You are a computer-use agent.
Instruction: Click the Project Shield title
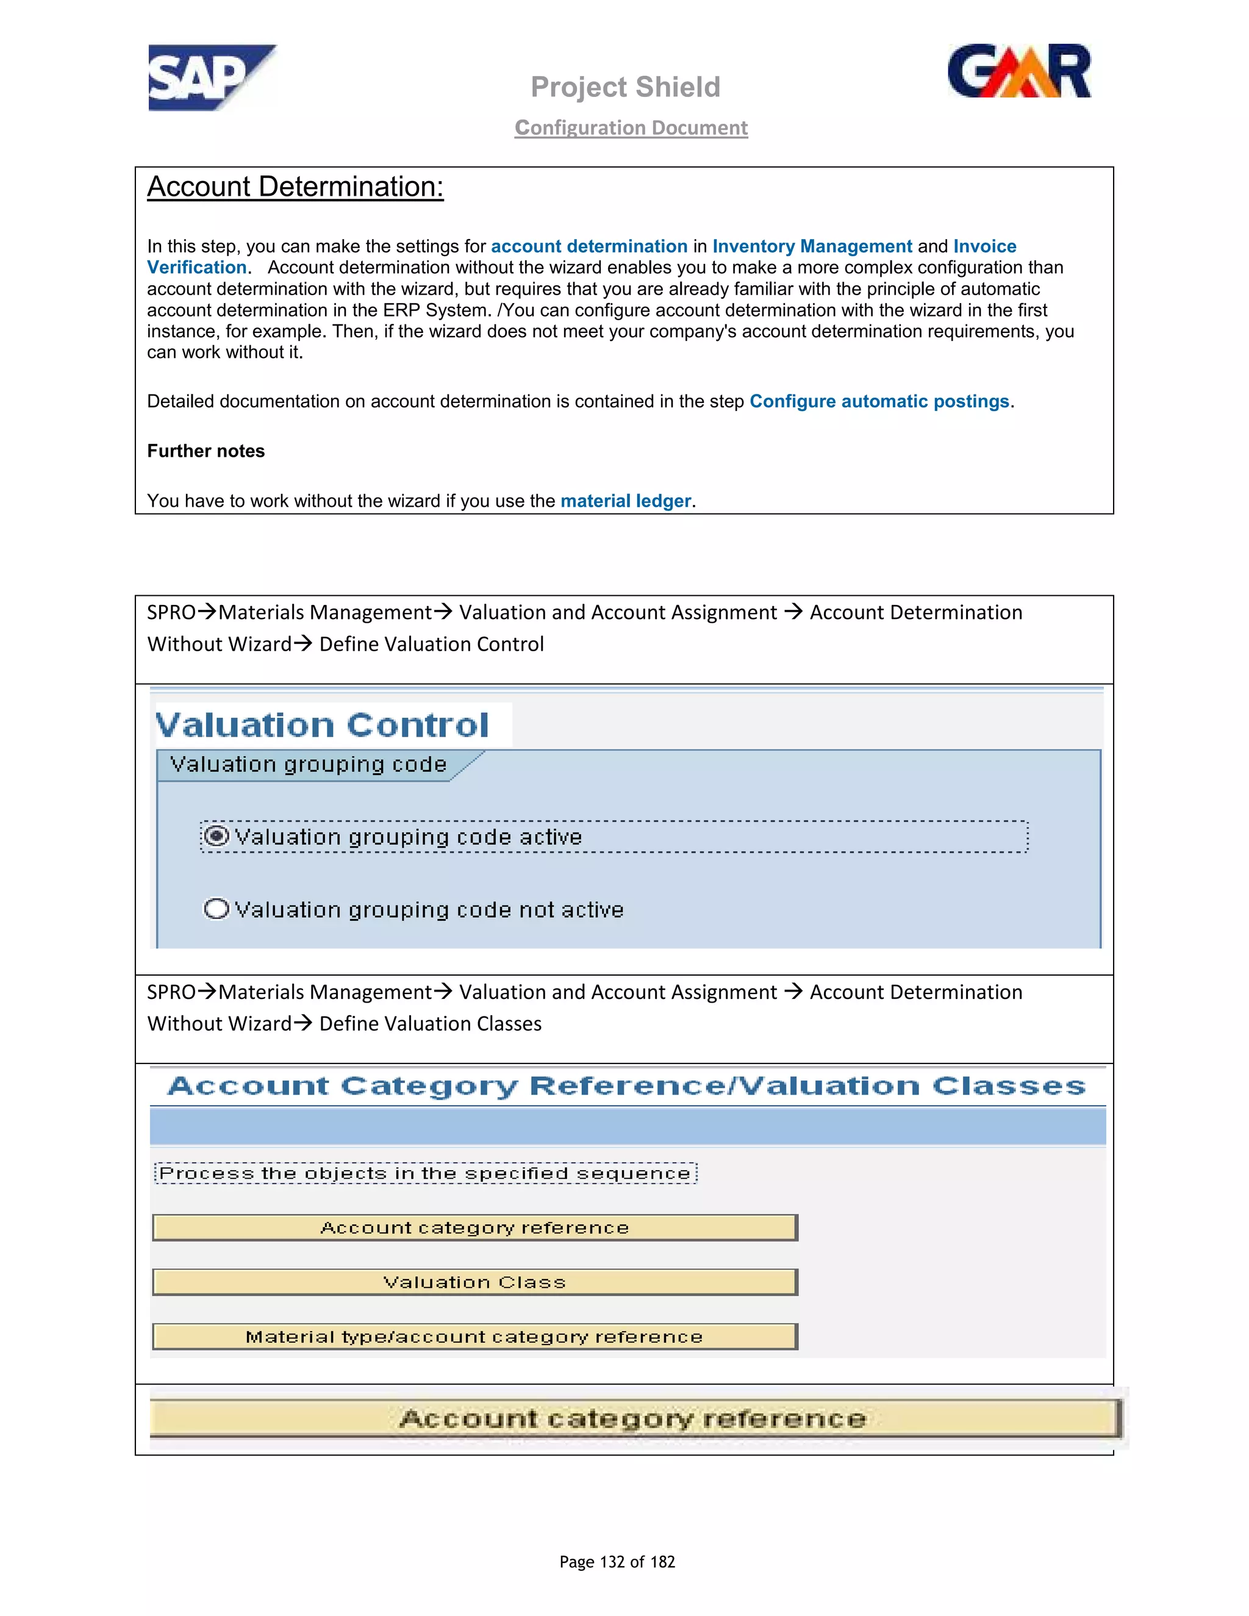625,87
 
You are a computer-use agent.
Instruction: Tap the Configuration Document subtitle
631,128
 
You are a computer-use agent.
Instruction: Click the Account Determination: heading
295,187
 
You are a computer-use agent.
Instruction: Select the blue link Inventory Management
812,246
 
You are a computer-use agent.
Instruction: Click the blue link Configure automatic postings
879,401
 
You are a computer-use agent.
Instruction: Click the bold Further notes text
206,451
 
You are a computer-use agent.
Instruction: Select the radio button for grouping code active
216,836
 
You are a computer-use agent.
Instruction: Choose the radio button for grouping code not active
216,909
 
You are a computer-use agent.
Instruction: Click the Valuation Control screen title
322,725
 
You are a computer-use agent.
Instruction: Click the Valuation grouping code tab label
308,764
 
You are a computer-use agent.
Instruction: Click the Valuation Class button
474,1282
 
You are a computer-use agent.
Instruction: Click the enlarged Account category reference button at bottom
632,1418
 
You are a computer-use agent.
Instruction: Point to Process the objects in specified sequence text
424,1173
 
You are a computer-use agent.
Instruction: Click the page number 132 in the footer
612,1562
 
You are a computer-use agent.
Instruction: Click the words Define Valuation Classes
430,1024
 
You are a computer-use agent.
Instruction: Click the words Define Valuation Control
431,645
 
